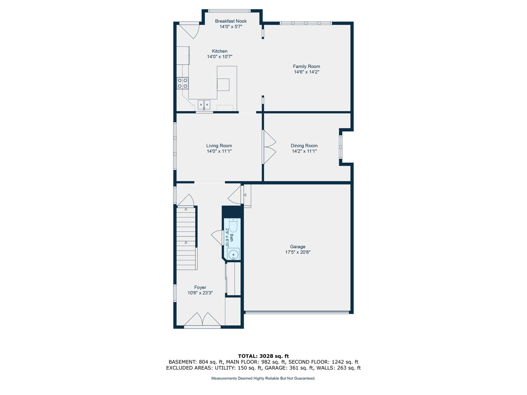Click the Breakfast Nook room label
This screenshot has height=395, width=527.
pyautogui.click(x=231, y=21)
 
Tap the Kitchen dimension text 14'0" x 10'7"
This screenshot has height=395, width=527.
pyautogui.click(x=219, y=57)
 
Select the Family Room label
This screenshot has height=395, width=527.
pyautogui.click(x=306, y=66)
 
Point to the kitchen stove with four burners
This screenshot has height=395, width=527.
pyautogui.click(x=182, y=83)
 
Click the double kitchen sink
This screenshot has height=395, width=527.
pyautogui.click(x=204, y=105)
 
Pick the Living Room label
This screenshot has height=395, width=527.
pyautogui.click(x=219, y=145)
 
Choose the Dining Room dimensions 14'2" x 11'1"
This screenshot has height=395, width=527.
pyautogui.click(x=304, y=151)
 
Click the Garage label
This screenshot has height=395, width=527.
pyautogui.click(x=298, y=247)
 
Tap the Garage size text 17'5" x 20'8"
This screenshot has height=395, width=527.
pyautogui.click(x=298, y=252)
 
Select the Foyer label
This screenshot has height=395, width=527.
pyautogui.click(x=200, y=287)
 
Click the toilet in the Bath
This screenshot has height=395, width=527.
pyautogui.click(x=233, y=225)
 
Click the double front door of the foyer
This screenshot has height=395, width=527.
pyautogui.click(x=202, y=319)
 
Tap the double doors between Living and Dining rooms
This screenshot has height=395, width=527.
pyautogui.click(x=269, y=147)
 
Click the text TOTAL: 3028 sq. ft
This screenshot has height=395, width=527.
pyautogui.click(x=263, y=356)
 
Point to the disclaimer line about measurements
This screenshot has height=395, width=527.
pyautogui.click(x=263, y=378)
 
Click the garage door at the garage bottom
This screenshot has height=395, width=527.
pyautogui.click(x=297, y=312)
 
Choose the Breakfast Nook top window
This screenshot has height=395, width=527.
pyautogui.click(x=229, y=11)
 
